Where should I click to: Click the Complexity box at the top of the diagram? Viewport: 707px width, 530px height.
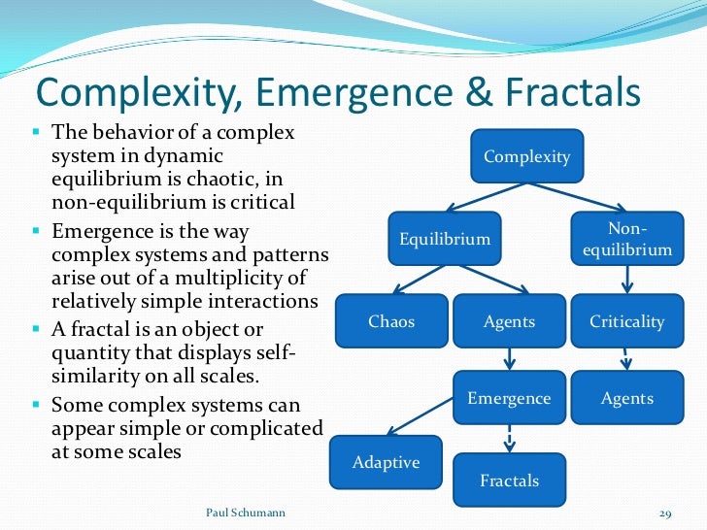point(527,156)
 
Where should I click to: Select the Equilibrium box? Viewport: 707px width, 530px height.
point(445,239)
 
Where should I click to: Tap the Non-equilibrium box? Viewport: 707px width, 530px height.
point(626,239)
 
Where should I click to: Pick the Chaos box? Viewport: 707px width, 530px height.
point(391,321)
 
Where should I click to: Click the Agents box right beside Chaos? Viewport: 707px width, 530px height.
point(509,321)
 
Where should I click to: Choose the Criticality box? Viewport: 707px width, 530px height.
point(626,321)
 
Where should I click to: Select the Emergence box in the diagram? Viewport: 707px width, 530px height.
point(509,398)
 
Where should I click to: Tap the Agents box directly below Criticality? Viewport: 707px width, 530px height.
point(626,398)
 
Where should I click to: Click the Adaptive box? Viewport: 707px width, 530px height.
point(386,462)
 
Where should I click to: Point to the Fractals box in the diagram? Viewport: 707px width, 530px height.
point(509,480)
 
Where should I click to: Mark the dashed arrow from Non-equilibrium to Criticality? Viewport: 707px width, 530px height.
point(627,280)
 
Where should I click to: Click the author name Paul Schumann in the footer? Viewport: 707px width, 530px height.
point(247,511)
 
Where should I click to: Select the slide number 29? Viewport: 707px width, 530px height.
point(665,512)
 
